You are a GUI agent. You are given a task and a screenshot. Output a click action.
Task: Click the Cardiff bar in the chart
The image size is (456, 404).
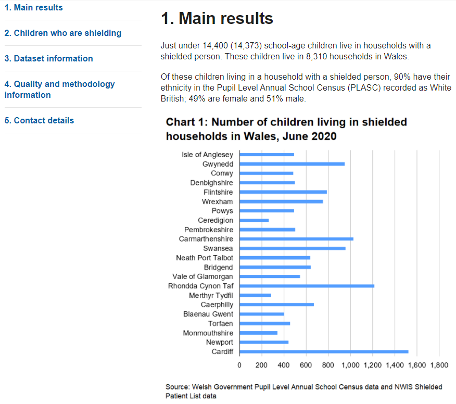(324, 351)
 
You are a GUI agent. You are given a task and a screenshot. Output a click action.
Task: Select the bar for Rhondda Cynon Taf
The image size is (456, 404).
(307, 286)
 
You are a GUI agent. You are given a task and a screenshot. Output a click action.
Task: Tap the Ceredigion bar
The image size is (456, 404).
(254, 220)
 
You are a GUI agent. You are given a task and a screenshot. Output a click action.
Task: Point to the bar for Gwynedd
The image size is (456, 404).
(292, 164)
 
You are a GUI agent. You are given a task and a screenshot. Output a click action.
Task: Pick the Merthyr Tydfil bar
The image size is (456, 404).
(256, 295)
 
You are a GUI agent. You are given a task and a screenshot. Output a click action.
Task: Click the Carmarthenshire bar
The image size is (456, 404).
(296, 239)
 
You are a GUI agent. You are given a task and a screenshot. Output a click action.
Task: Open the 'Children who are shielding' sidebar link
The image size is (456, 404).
(63, 33)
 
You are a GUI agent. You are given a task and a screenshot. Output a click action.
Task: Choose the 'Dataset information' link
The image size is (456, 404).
(49, 58)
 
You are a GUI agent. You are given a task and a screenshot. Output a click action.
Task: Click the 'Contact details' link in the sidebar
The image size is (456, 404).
(40, 120)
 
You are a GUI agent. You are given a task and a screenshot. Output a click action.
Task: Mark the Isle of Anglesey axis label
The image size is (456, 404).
(207, 155)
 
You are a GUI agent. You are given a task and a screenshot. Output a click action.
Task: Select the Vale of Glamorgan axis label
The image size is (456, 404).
(203, 276)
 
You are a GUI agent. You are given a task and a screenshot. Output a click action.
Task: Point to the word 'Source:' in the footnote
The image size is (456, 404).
(178, 387)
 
